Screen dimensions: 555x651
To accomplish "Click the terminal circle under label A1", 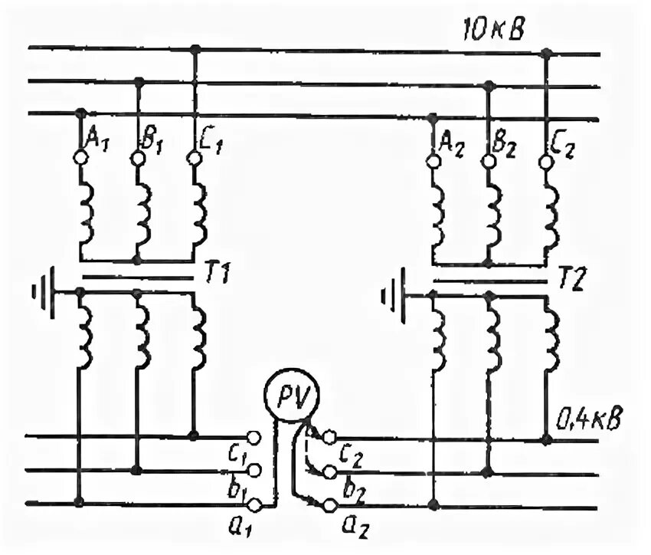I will pyautogui.click(x=80, y=157).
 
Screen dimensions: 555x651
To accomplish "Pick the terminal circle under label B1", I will pyautogui.click(x=137, y=158).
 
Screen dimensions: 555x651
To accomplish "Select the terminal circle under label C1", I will pyautogui.click(x=194, y=158).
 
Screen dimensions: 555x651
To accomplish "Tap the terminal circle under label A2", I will pyautogui.click(x=433, y=162).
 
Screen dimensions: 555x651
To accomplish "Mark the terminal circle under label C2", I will pyautogui.click(x=545, y=162).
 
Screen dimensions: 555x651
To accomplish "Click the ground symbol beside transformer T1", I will pyautogui.click(x=44, y=292).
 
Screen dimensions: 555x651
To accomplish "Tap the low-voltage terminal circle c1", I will pyautogui.click(x=256, y=438).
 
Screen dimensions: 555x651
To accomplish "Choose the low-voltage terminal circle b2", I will pyautogui.click(x=329, y=471).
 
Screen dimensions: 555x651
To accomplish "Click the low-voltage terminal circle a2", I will pyautogui.click(x=329, y=505).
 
